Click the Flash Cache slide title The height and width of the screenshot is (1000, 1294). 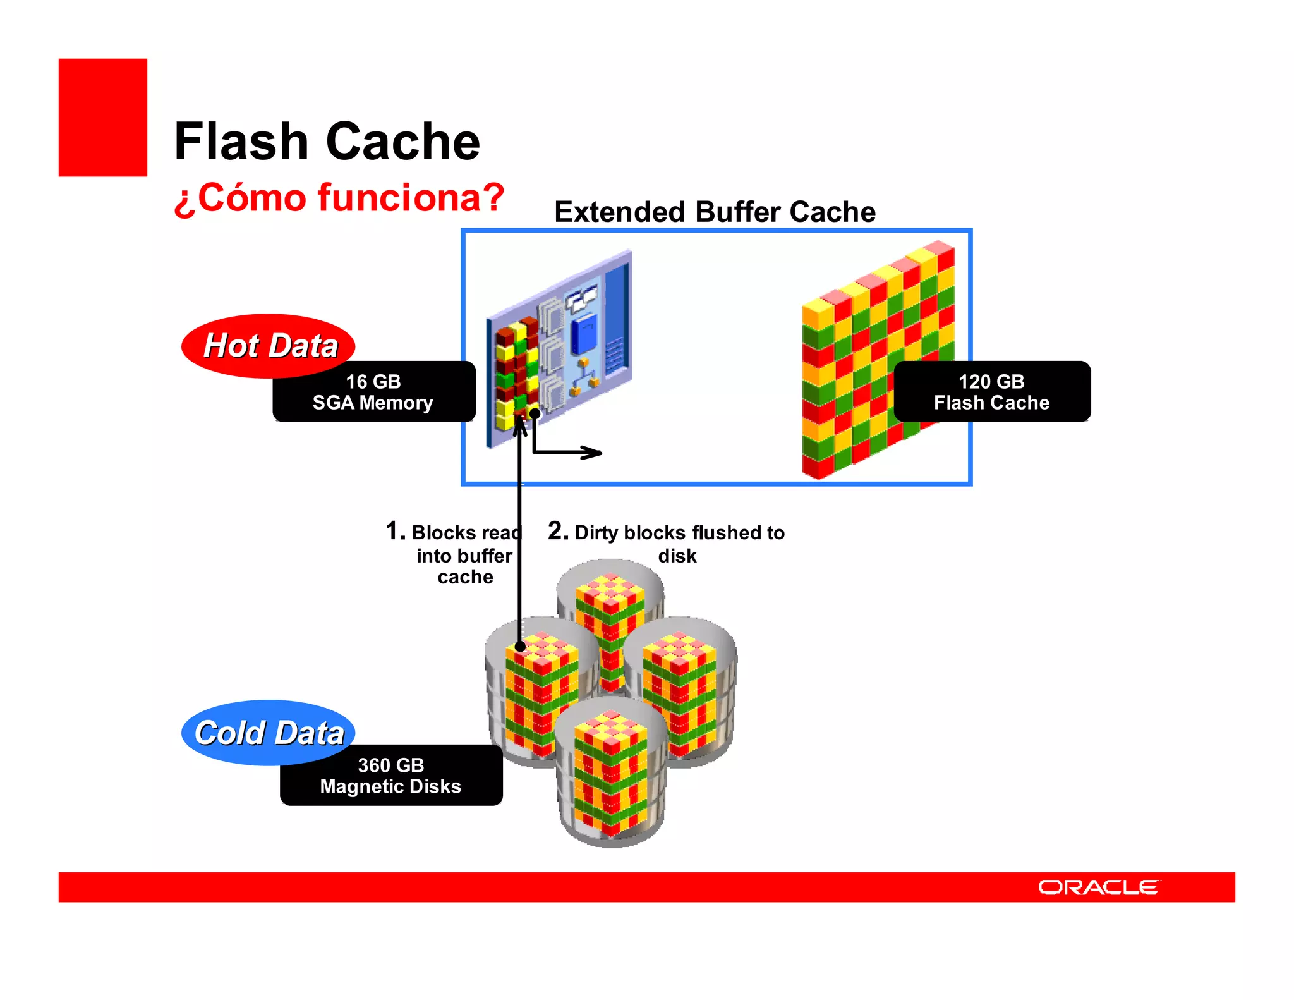click(327, 142)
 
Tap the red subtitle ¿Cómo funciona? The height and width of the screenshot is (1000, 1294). click(339, 198)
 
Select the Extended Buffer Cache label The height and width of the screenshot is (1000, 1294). click(715, 212)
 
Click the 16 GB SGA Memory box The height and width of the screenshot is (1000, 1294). click(373, 392)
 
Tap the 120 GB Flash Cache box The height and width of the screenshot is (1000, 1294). click(991, 392)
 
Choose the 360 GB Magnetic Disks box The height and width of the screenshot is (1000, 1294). click(391, 776)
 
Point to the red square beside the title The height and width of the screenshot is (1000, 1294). click(103, 118)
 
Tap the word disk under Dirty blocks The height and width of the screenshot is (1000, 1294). click(677, 556)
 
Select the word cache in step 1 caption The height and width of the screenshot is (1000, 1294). click(465, 577)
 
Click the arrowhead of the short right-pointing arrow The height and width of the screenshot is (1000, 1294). click(594, 453)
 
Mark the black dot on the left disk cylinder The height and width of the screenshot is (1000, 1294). click(519, 647)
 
